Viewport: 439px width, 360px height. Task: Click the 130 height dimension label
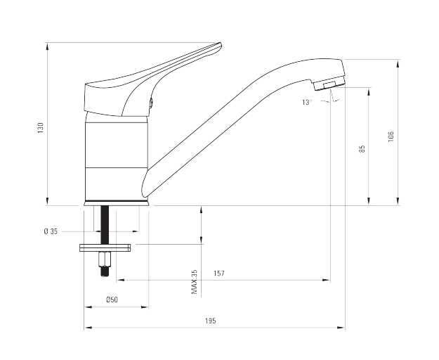[41, 128]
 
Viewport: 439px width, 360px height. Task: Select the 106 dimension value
[391, 136]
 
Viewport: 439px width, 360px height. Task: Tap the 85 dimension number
[362, 149]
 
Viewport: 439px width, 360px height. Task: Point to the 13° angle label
[307, 102]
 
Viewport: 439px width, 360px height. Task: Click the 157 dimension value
[219, 273]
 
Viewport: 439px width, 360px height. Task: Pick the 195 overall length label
[211, 321]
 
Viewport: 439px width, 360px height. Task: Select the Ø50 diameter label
[112, 300]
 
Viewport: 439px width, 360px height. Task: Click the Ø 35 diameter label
[51, 231]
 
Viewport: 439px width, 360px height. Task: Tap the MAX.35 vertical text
[195, 282]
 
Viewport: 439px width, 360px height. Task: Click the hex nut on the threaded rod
[104, 259]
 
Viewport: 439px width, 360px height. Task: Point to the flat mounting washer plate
[105, 248]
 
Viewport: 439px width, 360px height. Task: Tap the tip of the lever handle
[220, 44]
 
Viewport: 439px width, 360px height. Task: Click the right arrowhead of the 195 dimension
[341, 327]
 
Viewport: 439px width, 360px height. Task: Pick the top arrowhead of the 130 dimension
[47, 47]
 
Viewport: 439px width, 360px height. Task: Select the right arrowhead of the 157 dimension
[327, 280]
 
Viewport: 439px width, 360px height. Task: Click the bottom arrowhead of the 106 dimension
[398, 201]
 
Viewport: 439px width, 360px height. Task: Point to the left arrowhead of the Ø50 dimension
[89, 307]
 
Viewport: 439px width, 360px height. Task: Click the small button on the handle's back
[150, 103]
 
